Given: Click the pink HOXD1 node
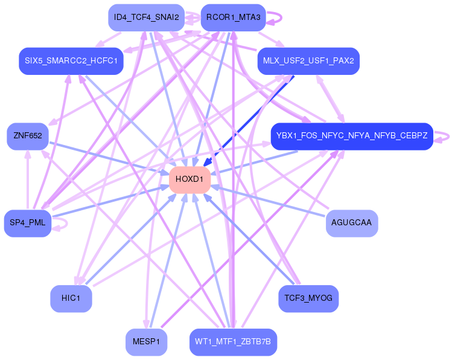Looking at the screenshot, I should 189,180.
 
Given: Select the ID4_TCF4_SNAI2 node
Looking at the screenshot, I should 146,18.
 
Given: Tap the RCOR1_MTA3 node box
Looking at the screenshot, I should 233,18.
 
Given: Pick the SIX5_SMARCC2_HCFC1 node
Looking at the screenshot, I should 71,61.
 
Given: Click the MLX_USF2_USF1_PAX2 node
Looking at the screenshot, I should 308,61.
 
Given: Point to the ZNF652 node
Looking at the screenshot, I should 27,137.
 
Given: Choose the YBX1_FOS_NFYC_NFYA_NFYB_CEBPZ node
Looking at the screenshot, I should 352,137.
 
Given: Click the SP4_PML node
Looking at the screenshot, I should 27,223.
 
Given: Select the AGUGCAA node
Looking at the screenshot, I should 352,223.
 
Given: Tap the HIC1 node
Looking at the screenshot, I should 71,298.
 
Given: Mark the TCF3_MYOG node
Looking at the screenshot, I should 308,298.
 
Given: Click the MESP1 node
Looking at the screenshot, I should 146,342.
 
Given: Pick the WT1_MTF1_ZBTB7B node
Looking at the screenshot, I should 233,342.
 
